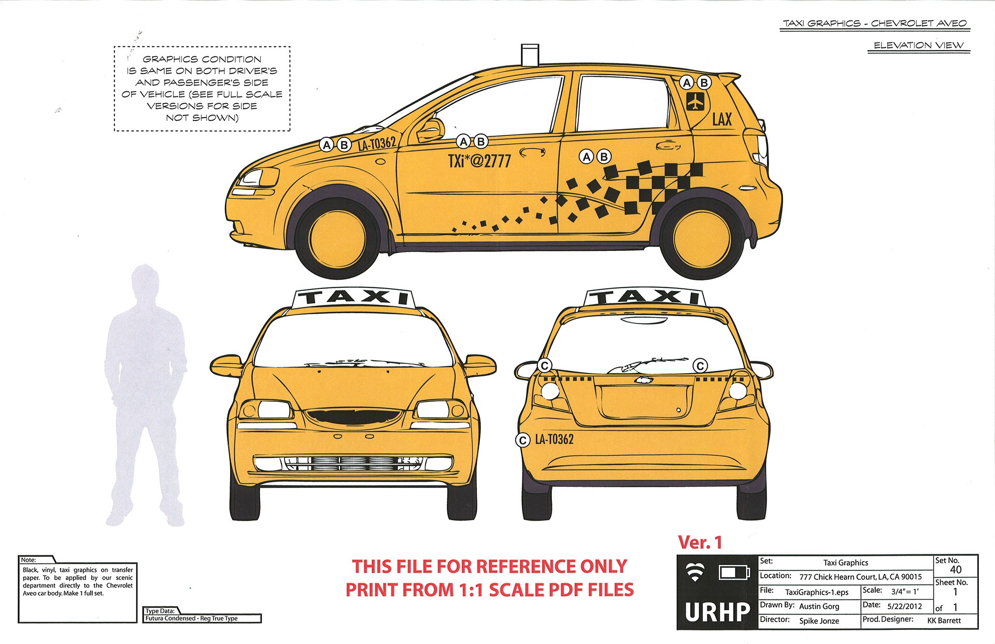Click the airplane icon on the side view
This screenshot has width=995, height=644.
[x=695, y=102]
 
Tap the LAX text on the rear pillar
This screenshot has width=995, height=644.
[x=722, y=120]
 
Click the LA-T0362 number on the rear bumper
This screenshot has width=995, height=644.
[x=554, y=440]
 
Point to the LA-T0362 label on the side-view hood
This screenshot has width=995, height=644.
[x=377, y=144]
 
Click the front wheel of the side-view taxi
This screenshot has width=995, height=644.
[x=337, y=239]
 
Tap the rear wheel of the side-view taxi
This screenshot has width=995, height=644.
[x=702, y=239]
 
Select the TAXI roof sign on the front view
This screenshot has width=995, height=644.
[x=354, y=298]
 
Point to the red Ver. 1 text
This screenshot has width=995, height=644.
[x=700, y=543]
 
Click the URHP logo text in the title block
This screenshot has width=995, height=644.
[x=717, y=612]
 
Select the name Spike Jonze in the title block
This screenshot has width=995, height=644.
[x=819, y=621]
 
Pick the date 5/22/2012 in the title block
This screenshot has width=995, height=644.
[x=904, y=606]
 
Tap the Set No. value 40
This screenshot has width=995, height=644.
[x=956, y=570]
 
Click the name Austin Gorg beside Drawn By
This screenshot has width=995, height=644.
[x=819, y=606]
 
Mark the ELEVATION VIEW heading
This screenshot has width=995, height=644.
[x=918, y=46]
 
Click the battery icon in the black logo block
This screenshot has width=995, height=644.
[x=734, y=572]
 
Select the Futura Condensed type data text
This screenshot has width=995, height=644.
[x=191, y=619]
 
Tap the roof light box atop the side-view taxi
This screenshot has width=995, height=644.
[x=530, y=54]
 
